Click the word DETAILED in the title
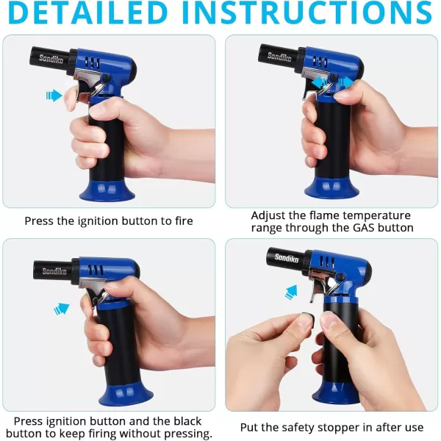click(x=87, y=12)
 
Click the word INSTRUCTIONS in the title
click(x=307, y=12)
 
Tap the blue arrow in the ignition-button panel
click(x=54, y=96)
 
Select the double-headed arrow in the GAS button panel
click(x=333, y=82)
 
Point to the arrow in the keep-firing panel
click(x=62, y=309)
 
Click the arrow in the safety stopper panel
click(x=291, y=292)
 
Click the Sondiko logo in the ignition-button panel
click(x=51, y=59)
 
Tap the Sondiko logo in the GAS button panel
click(x=279, y=57)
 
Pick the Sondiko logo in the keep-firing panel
click(x=54, y=271)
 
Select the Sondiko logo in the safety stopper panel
click(x=287, y=258)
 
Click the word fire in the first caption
click(x=184, y=220)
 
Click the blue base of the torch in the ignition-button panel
click(x=107, y=190)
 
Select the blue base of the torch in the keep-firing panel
click(x=126, y=396)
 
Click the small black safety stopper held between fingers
click(x=308, y=318)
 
